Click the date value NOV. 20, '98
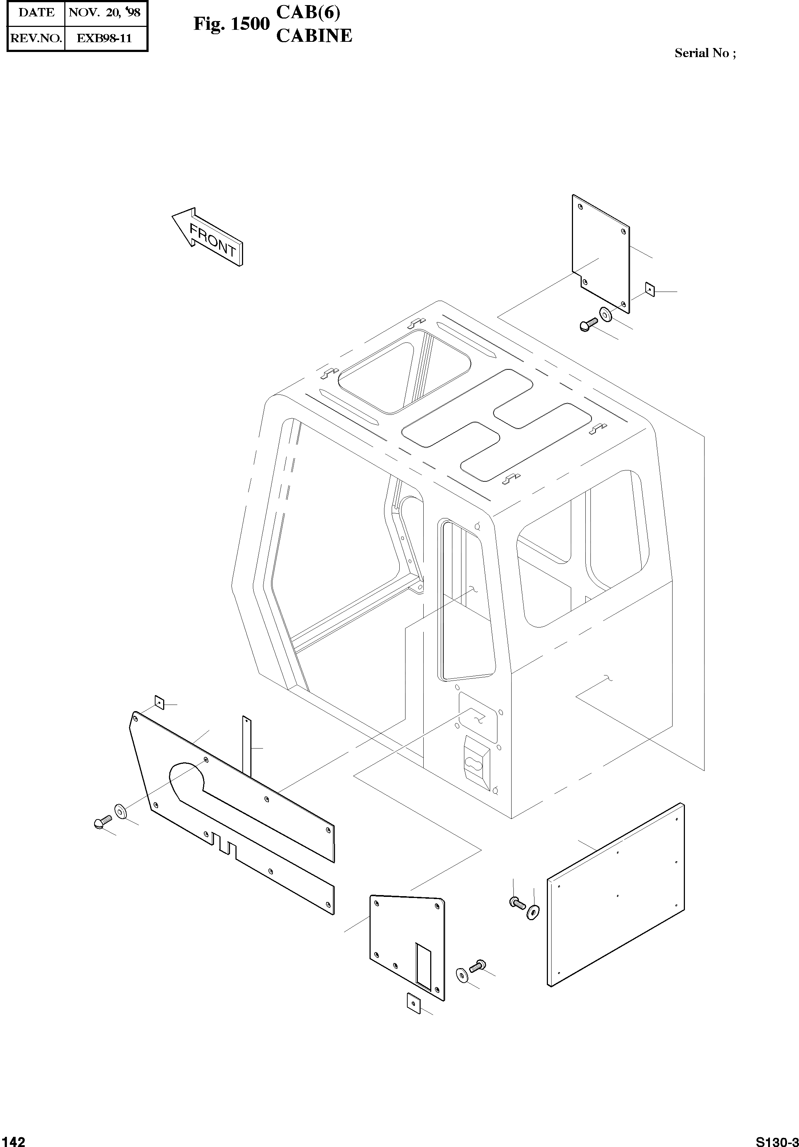(x=104, y=12)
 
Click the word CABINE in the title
(x=314, y=36)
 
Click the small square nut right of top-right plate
(x=650, y=289)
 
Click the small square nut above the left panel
(x=159, y=702)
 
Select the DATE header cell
(x=36, y=12)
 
